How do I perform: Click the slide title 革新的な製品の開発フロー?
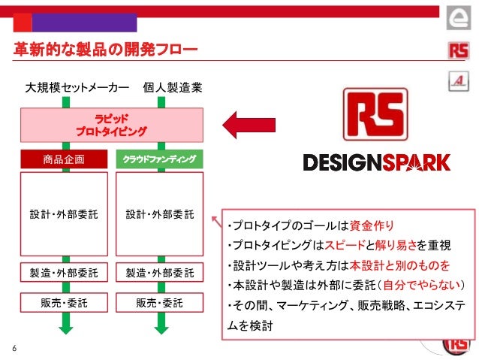pyautogui.click(x=106, y=50)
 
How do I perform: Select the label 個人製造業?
pyautogui.click(x=173, y=89)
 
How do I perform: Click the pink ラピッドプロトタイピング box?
pyautogui.click(x=111, y=125)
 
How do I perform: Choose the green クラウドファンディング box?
pyautogui.click(x=160, y=159)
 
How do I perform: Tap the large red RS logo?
pyautogui.click(x=375, y=115)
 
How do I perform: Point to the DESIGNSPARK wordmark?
pyautogui.click(x=376, y=162)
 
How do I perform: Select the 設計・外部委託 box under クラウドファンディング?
pyautogui.click(x=160, y=213)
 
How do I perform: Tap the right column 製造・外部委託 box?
pyautogui.click(x=160, y=271)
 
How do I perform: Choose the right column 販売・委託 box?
pyautogui.click(x=160, y=303)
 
